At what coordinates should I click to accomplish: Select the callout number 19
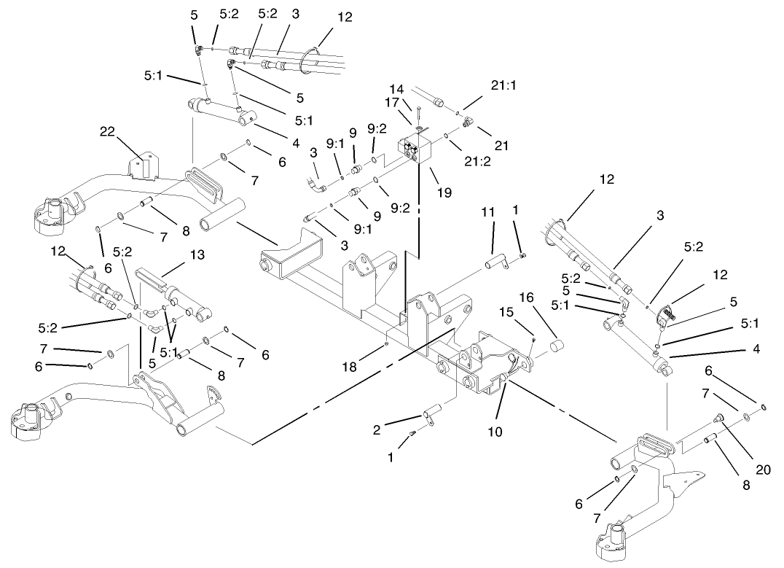point(444,193)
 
